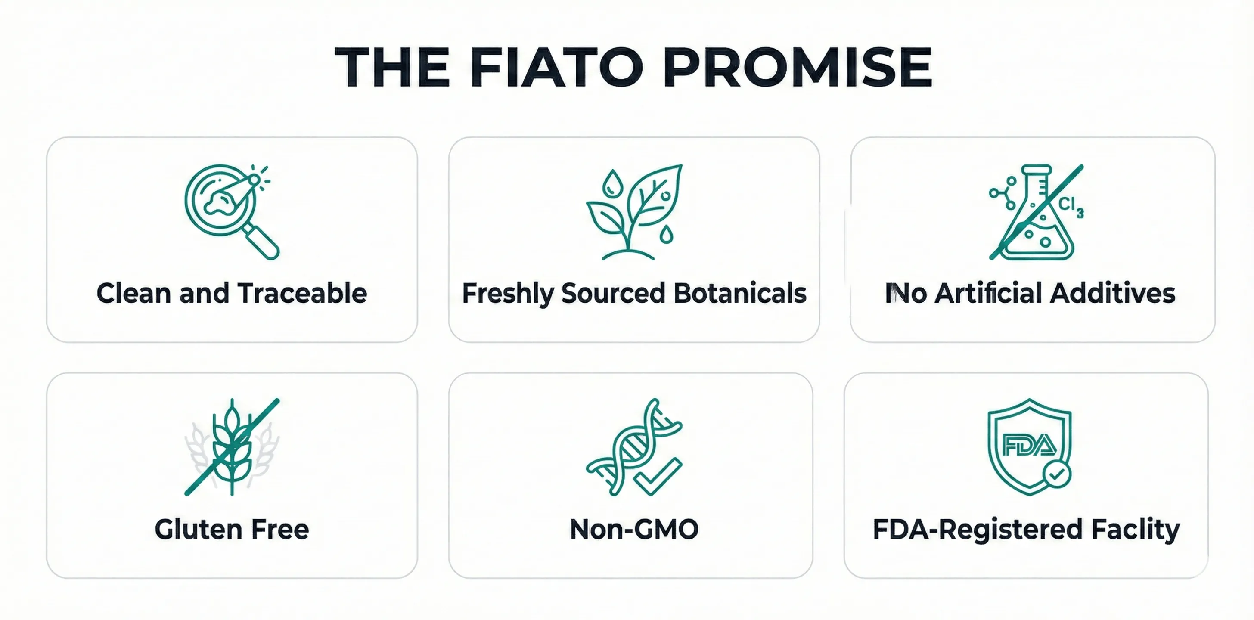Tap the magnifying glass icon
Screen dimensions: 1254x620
(x=232, y=212)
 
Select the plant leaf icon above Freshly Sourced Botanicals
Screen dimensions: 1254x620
(x=634, y=212)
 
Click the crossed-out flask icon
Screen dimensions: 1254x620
(x=1037, y=212)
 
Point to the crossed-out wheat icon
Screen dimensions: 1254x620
(x=232, y=447)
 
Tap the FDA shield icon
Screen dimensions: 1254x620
(x=1030, y=447)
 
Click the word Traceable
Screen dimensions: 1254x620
(x=302, y=294)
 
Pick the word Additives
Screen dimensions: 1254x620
(x=1113, y=294)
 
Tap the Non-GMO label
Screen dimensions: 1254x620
(x=634, y=530)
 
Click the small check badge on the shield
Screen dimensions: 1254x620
(x=1057, y=474)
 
